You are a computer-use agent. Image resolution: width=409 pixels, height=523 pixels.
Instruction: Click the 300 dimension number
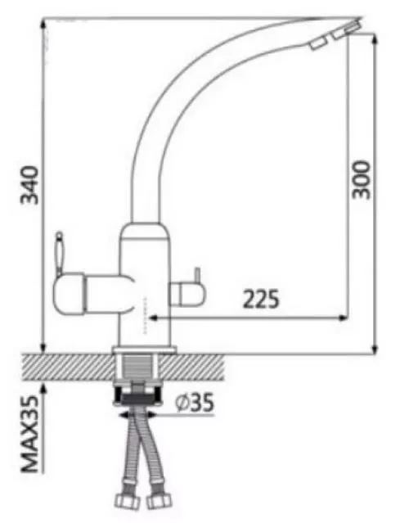360,178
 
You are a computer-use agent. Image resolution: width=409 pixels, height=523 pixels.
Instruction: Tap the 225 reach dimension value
261,299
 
